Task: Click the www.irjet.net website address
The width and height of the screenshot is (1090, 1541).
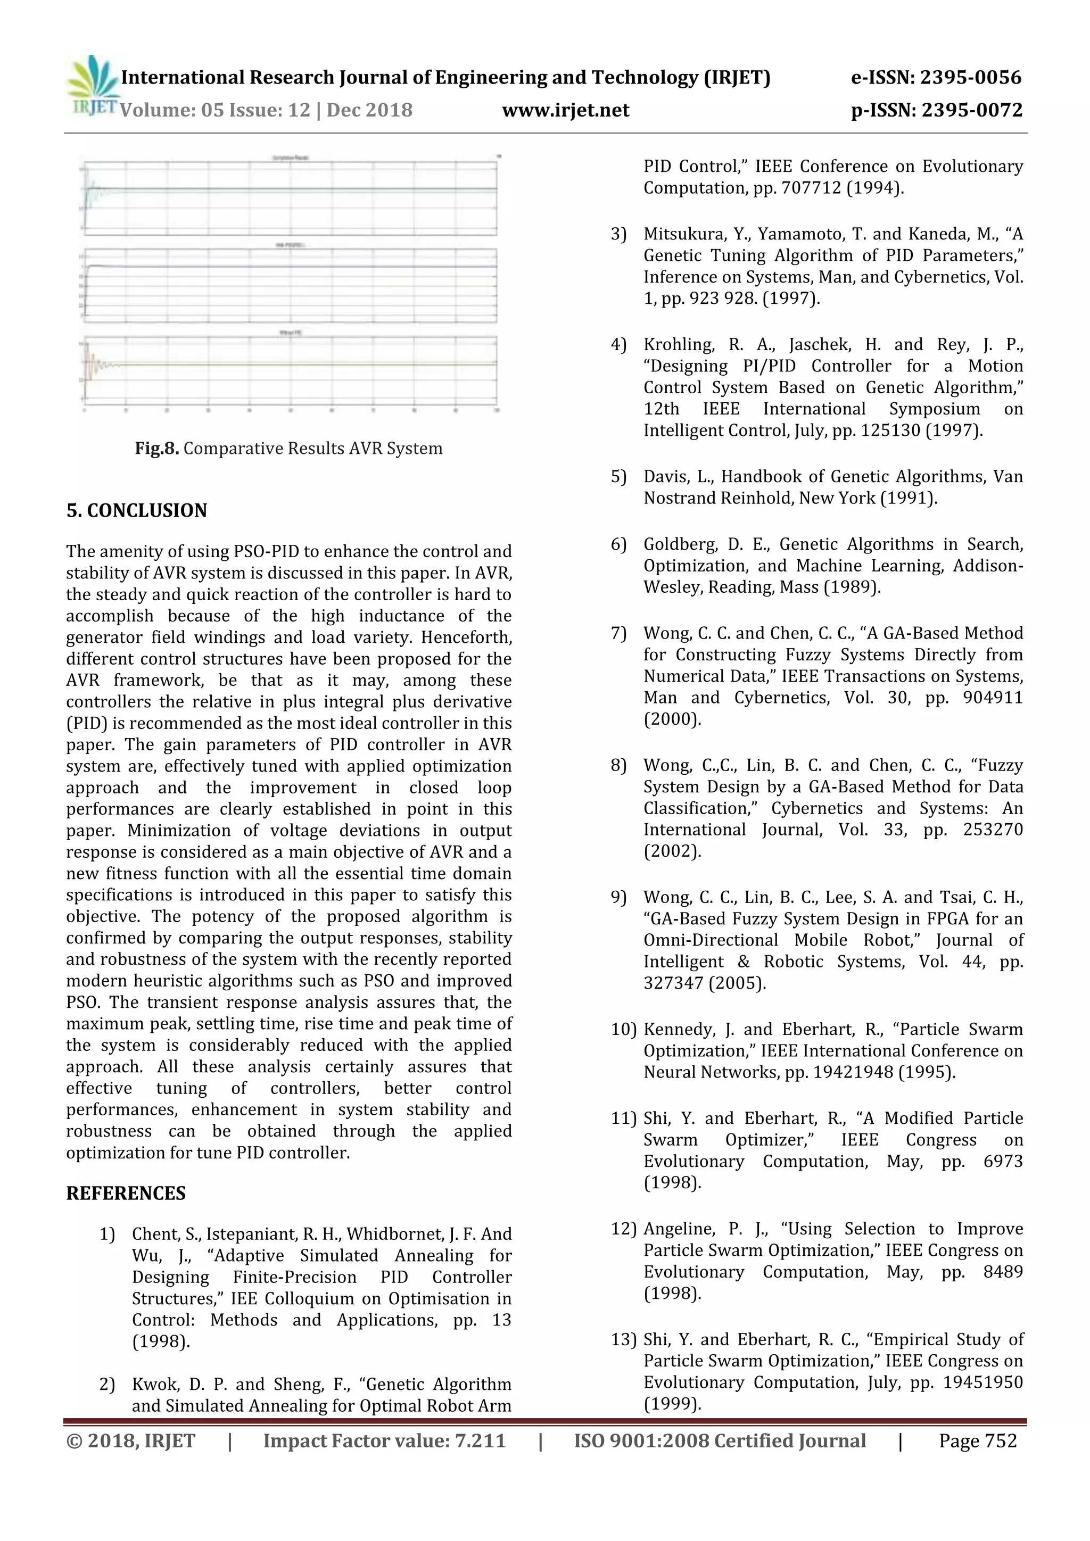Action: (x=565, y=110)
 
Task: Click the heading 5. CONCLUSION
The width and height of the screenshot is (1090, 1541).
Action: (x=136, y=511)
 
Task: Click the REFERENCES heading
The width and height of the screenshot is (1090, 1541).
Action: (x=126, y=1194)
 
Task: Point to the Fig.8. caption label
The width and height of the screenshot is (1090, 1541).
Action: (x=156, y=449)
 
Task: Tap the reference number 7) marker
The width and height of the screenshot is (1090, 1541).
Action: (x=618, y=634)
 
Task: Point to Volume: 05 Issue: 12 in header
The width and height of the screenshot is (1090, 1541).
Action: (x=215, y=110)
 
